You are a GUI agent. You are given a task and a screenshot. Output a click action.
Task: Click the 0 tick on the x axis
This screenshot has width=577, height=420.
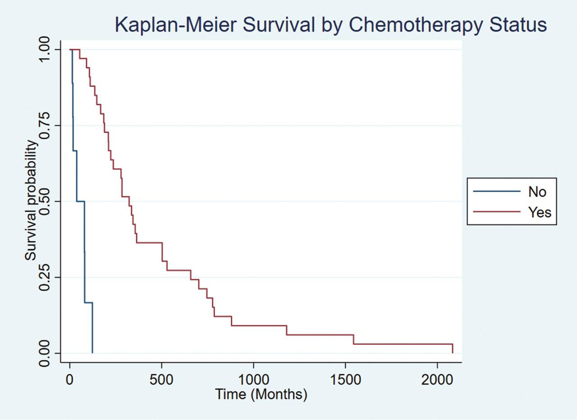pyautogui.click(x=70, y=379)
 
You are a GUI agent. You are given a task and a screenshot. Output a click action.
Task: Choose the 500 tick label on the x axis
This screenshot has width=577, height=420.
pyautogui.click(x=161, y=379)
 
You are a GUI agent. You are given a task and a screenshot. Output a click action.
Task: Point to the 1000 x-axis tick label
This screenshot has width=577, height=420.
pyautogui.click(x=253, y=379)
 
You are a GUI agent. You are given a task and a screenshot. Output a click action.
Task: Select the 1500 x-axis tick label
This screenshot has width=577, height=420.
pyautogui.click(x=345, y=379)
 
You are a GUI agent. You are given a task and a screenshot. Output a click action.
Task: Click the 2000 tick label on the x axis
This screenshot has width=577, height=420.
pyautogui.click(x=437, y=379)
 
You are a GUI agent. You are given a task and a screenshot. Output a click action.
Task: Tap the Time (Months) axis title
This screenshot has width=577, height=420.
pyautogui.click(x=261, y=394)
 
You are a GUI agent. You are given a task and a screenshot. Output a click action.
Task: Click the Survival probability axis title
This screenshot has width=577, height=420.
pyautogui.click(x=31, y=200)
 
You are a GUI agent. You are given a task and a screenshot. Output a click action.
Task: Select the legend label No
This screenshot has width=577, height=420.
pyautogui.click(x=537, y=192)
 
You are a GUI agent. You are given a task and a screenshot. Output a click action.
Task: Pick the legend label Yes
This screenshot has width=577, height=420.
pyautogui.click(x=540, y=212)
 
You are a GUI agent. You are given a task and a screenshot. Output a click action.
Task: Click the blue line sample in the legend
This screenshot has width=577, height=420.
pyautogui.click(x=496, y=192)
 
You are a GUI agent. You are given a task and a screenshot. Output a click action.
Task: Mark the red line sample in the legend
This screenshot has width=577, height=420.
pyautogui.click(x=496, y=212)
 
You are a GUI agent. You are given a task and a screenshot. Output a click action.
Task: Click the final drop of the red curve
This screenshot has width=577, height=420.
pyautogui.click(x=452, y=349)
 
